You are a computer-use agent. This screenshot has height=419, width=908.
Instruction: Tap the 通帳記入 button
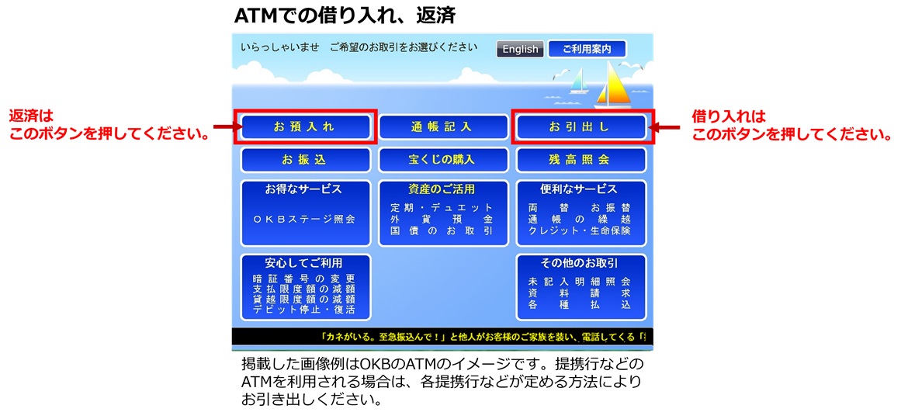pyautogui.click(x=442, y=126)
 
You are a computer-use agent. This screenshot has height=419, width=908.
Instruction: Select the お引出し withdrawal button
pyautogui.click(x=580, y=126)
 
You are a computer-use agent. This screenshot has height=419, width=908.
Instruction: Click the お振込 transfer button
pyautogui.click(x=304, y=160)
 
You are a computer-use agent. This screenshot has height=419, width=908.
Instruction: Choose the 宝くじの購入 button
pyautogui.click(x=442, y=160)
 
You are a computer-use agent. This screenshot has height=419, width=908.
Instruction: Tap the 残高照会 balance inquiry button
pyautogui.click(x=580, y=160)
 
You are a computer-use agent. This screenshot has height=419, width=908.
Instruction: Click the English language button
pyautogui.click(x=520, y=49)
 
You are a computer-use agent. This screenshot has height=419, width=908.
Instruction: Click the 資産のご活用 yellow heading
pyautogui.click(x=442, y=189)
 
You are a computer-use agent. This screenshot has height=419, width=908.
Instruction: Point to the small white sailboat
pyautogui.click(x=577, y=82)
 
